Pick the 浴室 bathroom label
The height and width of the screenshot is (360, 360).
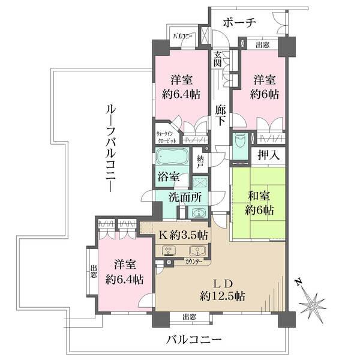pyautogui.click(x=169, y=177)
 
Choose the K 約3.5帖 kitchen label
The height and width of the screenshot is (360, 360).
pyautogui.click(x=183, y=235)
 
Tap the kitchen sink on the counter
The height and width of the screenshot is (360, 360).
pyautogui.click(x=197, y=251)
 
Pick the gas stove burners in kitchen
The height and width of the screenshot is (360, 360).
pyautogui.click(x=169, y=251)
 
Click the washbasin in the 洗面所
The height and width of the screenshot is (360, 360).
pyautogui.click(x=197, y=212)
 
